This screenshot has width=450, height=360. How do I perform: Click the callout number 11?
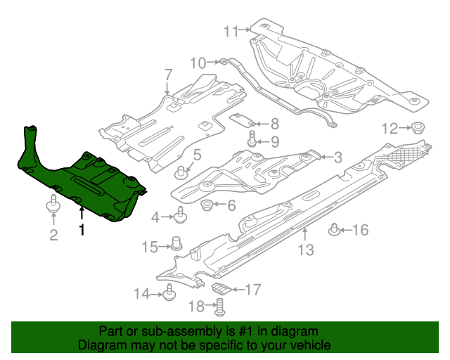[231, 30]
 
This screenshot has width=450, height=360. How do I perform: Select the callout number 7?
[168, 75]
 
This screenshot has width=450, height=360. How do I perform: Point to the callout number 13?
[304, 250]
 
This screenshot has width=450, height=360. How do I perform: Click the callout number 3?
[338, 157]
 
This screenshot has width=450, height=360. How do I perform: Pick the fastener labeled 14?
[169, 294]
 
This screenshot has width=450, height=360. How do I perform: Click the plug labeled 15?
[176, 245]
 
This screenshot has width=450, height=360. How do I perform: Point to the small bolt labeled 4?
[181, 214]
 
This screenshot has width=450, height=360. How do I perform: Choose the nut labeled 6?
[208, 205]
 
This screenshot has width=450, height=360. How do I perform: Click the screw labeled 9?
[252, 141]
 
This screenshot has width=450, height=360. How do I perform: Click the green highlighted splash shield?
[84, 183]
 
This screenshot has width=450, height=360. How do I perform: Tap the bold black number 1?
[82, 229]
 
